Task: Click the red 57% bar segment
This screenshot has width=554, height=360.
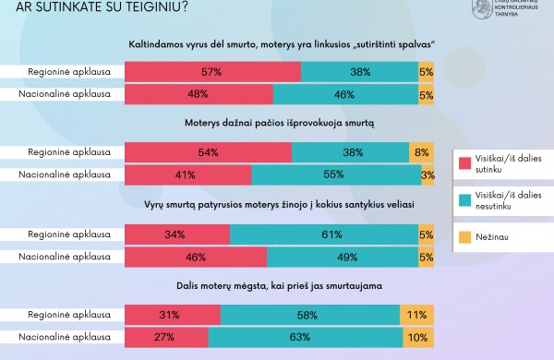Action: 211,71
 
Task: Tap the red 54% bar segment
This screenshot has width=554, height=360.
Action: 207,151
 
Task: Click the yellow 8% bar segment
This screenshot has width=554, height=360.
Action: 422,151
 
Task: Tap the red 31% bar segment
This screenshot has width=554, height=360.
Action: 172,316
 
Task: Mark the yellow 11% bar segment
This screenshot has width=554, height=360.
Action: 417,316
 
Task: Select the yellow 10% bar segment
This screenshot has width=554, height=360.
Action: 420,338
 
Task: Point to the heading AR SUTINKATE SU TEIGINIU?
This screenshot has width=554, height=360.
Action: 91,8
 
